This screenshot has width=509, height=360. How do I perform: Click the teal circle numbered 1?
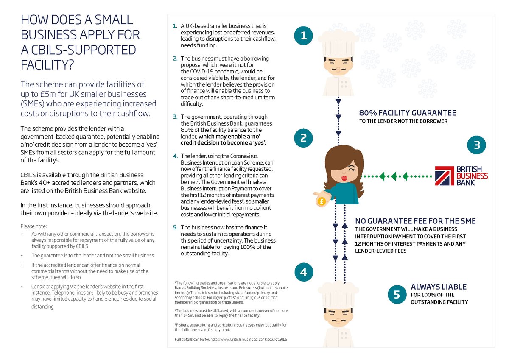(303, 36)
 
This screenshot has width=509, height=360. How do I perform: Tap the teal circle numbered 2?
(303, 138)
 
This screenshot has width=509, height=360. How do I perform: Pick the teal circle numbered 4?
(303, 272)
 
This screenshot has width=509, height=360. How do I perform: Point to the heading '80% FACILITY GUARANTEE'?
(408, 113)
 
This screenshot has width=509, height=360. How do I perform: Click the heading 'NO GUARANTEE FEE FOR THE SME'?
(415, 221)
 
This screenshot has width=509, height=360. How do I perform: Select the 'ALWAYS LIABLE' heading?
(439, 287)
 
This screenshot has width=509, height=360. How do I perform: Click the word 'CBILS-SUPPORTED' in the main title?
(78, 50)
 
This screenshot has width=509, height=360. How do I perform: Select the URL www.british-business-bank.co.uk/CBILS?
(254, 340)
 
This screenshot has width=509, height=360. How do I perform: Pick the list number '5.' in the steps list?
(176, 227)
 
